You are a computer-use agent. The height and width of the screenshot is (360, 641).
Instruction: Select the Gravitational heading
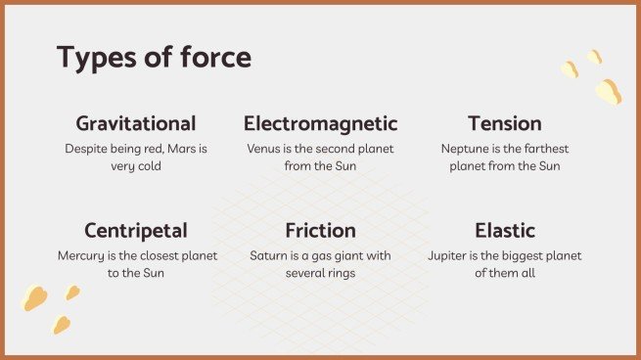pos(136,124)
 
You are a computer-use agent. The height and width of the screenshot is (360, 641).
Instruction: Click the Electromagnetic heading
pos(320,124)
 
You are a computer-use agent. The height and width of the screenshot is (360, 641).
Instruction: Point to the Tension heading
pos(504,124)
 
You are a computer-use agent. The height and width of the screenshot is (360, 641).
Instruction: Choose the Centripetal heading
pos(136,232)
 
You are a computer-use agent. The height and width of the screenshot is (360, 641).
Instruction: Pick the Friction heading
pos(320,232)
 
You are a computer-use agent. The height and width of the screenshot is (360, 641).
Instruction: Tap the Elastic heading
pos(504,232)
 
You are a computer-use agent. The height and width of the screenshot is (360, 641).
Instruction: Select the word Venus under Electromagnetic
pos(266,149)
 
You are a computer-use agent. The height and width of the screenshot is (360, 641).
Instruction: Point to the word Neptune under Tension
pos(465,149)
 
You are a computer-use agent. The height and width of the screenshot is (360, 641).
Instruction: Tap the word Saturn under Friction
pos(269,256)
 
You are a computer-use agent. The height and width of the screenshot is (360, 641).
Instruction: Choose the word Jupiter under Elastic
pos(450,256)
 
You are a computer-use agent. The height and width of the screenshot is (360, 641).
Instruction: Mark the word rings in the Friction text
pos(339,273)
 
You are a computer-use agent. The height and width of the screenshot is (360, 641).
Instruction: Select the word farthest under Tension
pos(544,149)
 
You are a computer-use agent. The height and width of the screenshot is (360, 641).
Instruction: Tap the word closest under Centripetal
pos(147,256)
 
